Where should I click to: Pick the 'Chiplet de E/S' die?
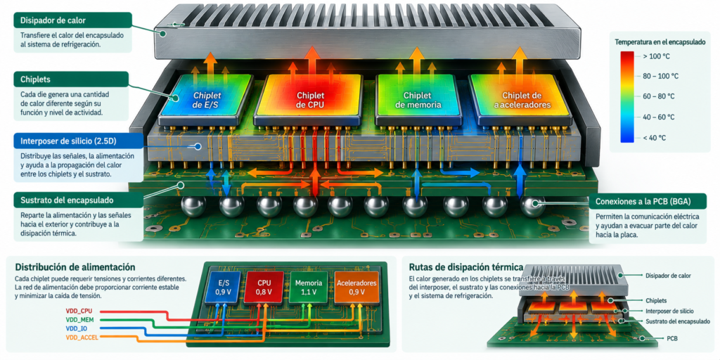206,100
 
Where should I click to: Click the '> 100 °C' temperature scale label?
653,56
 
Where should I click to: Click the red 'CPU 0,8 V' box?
264,288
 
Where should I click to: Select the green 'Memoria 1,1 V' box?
309,288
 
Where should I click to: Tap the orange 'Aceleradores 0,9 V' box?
356,288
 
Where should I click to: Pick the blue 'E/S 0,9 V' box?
221,288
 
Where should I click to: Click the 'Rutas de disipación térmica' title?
465,266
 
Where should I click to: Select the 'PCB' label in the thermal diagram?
672,338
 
